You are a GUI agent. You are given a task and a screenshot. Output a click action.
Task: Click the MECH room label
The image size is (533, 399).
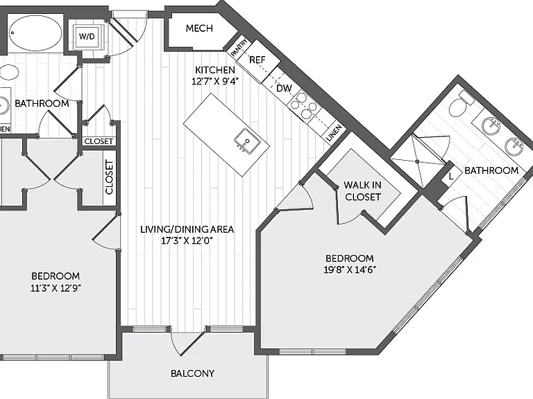coord(199,28)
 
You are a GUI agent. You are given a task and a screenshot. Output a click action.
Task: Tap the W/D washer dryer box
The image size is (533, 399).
coord(87,35)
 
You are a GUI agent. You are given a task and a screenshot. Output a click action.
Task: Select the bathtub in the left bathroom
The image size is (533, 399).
coord(35,33)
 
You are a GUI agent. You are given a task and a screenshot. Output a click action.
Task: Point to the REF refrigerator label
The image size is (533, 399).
coord(257,60)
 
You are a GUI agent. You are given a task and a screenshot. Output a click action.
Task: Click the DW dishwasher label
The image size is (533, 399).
coord(284,88)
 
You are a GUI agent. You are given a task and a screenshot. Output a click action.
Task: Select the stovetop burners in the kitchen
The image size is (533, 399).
coord(305,105)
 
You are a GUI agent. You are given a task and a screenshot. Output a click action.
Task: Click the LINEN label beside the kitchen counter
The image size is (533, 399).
coord(334,133)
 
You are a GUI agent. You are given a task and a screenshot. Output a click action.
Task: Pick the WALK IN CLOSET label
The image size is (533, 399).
coord(363,191)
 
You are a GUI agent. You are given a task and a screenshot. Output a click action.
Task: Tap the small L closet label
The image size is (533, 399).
coord(451,177)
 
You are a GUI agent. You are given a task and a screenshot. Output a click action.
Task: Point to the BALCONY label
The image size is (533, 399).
coord(192,373)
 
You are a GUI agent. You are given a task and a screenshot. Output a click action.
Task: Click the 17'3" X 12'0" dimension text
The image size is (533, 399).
coord(187,241)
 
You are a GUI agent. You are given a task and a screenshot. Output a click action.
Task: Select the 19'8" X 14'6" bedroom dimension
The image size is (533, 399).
coord(350,270)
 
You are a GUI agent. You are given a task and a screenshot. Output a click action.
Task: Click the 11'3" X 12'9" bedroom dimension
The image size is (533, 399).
coord(56,288)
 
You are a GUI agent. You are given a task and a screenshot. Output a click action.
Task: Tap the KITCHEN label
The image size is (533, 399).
coord(215,70)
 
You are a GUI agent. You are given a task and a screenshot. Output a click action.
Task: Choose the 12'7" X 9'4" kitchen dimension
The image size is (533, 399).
coord(216,82)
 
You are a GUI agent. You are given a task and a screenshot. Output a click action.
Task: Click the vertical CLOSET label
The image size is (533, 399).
coord(109,177)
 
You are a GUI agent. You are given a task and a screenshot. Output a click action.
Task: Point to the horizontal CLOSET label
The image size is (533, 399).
coord(99,141)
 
